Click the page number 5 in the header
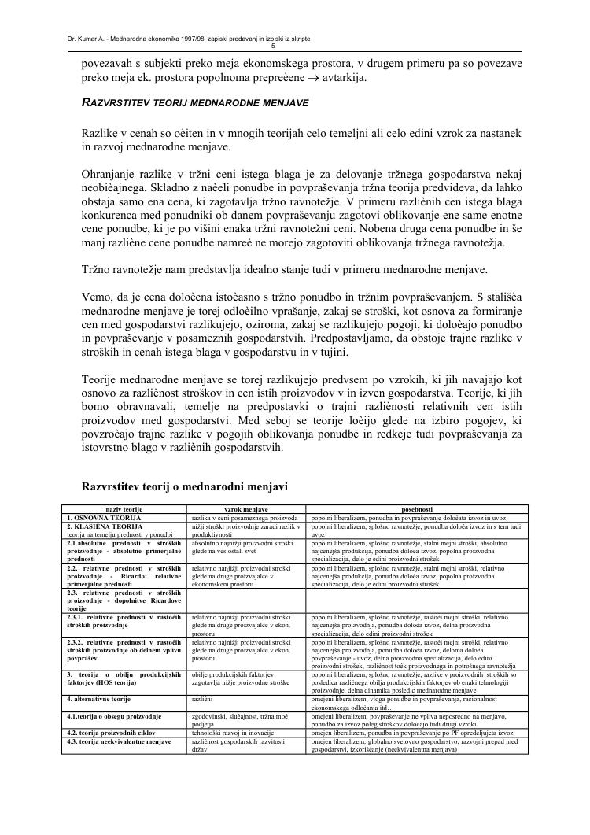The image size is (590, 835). pos(294,46)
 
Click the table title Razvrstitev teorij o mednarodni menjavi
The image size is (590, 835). pos(185,486)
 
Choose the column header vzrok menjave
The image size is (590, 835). pos(246,510)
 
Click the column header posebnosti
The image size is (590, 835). pos(417,510)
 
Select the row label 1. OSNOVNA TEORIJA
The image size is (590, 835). pos(105,518)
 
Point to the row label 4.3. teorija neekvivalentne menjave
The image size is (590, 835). pos(119,741)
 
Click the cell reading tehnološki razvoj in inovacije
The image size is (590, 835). pos(228,733)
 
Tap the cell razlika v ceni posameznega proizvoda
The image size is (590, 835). pos(245,518)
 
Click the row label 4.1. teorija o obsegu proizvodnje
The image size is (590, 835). pos(114,716)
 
